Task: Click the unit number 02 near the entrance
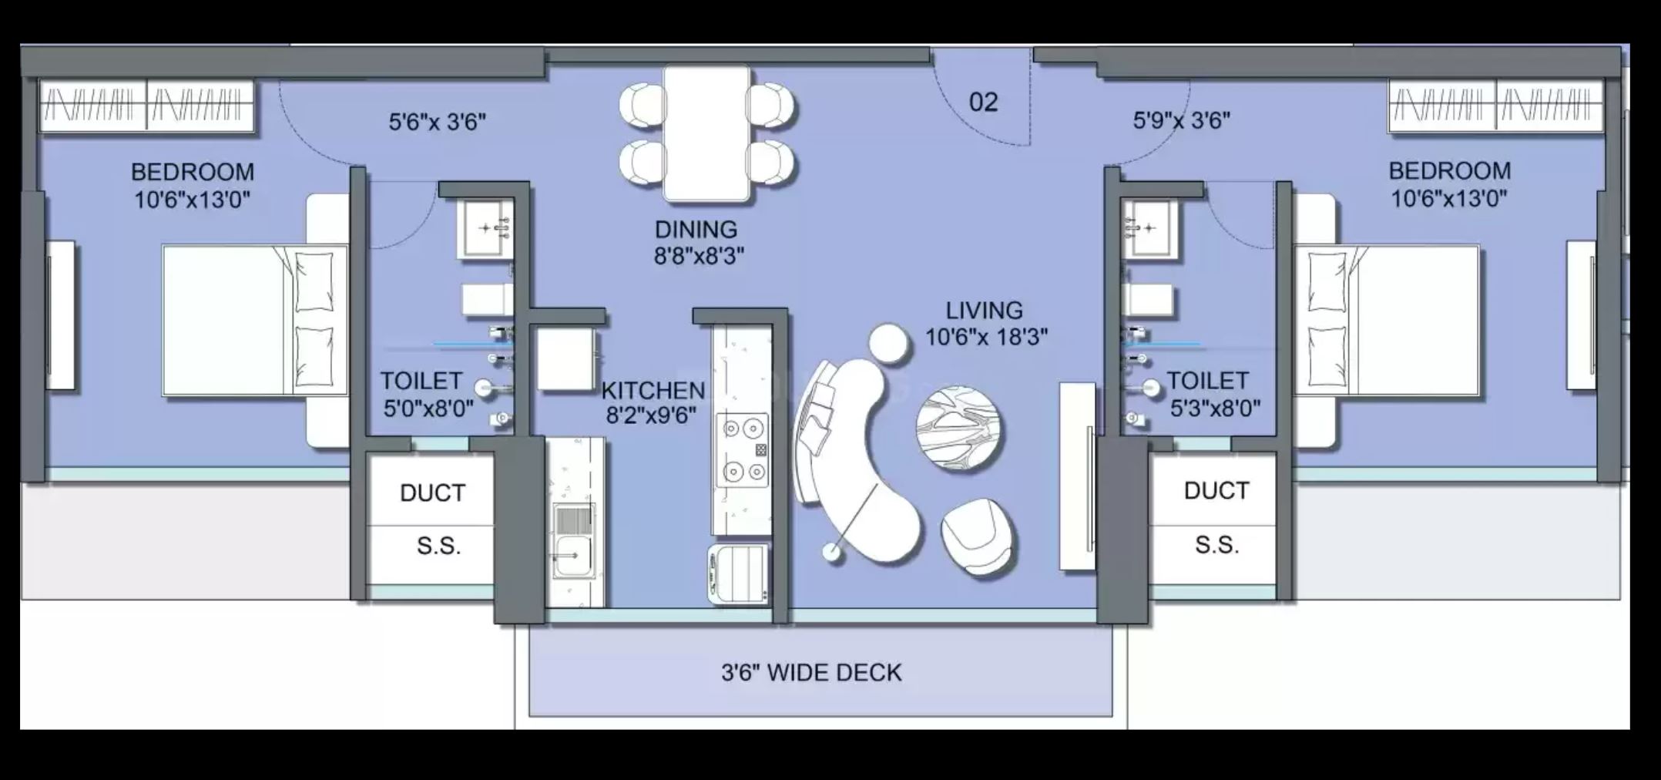tap(983, 103)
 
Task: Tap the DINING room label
tap(696, 229)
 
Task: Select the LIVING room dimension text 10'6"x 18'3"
tap(986, 337)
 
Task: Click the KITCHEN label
tap(653, 390)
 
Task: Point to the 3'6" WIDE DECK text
tap(811, 672)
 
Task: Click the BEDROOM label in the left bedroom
tap(192, 171)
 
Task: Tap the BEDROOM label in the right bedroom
tap(1449, 170)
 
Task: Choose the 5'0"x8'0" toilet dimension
tap(428, 408)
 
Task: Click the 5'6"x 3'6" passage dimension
tap(437, 122)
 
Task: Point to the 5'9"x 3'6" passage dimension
tap(1181, 120)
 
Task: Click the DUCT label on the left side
tap(432, 493)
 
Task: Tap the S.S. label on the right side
tap(1216, 545)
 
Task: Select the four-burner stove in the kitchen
tap(743, 450)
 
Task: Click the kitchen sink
tap(572, 540)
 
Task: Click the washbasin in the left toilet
tap(485, 228)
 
